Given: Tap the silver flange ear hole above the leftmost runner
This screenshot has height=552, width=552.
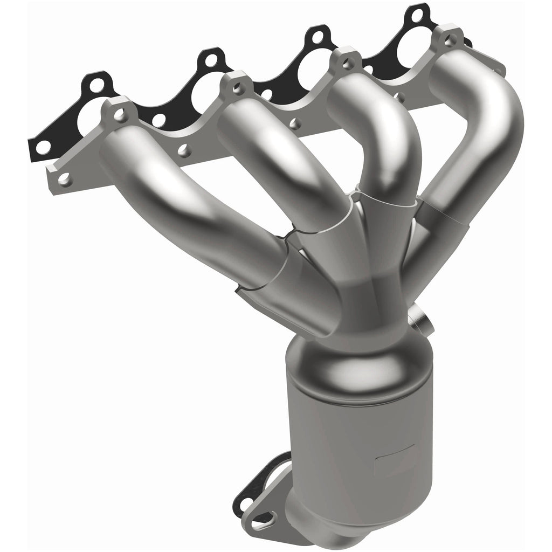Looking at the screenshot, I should coord(121,114).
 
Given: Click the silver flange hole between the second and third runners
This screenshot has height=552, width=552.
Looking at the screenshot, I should coord(294,123).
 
